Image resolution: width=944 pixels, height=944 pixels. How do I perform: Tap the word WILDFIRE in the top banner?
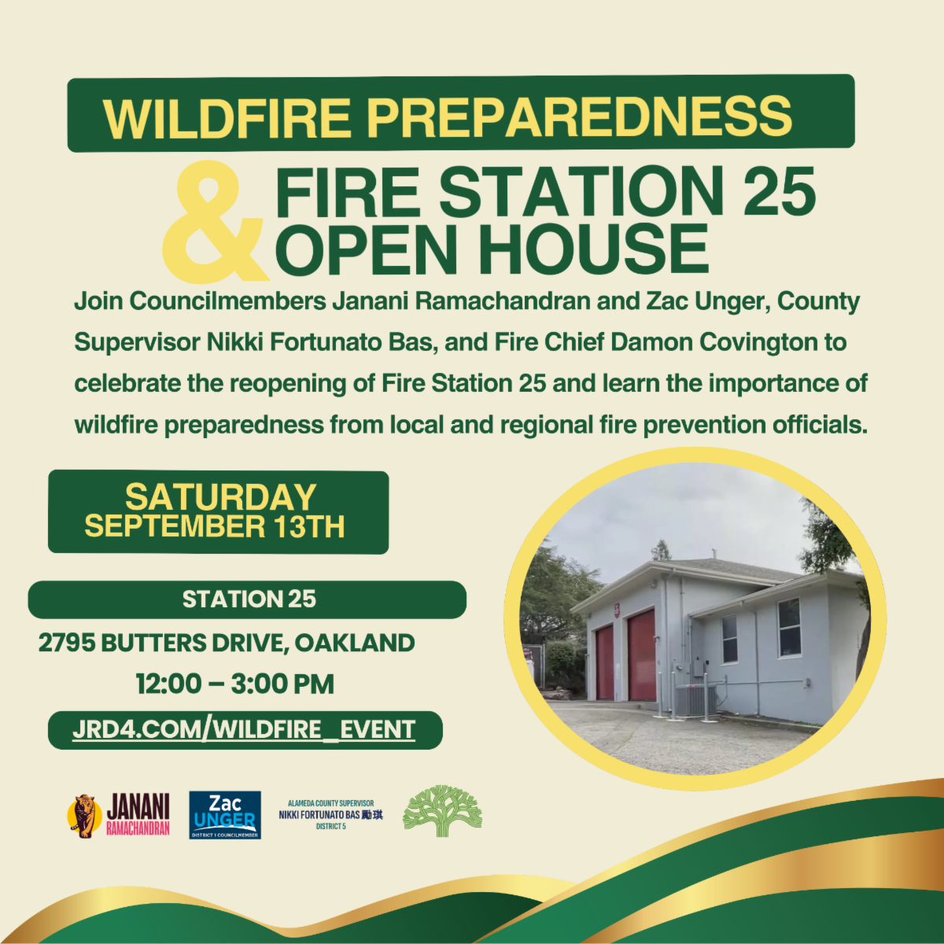tap(227, 116)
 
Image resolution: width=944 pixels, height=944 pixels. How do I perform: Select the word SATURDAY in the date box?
tap(220, 497)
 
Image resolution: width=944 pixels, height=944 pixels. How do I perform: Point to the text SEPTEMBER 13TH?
tap(215, 526)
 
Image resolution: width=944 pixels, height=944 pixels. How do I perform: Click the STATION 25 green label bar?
tap(248, 599)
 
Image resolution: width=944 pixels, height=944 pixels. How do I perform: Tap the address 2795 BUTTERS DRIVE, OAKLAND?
tap(227, 643)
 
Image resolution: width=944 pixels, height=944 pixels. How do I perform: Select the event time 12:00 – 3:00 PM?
tap(234, 684)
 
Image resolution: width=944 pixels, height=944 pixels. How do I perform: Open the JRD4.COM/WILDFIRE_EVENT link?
tap(244, 729)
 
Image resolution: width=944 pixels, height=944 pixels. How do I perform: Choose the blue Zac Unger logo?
tap(225, 815)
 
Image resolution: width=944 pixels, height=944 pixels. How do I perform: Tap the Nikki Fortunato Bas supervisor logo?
tap(330, 815)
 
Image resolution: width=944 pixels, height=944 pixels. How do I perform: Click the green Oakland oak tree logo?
tap(441, 811)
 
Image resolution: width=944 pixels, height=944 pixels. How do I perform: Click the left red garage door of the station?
tap(604, 662)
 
